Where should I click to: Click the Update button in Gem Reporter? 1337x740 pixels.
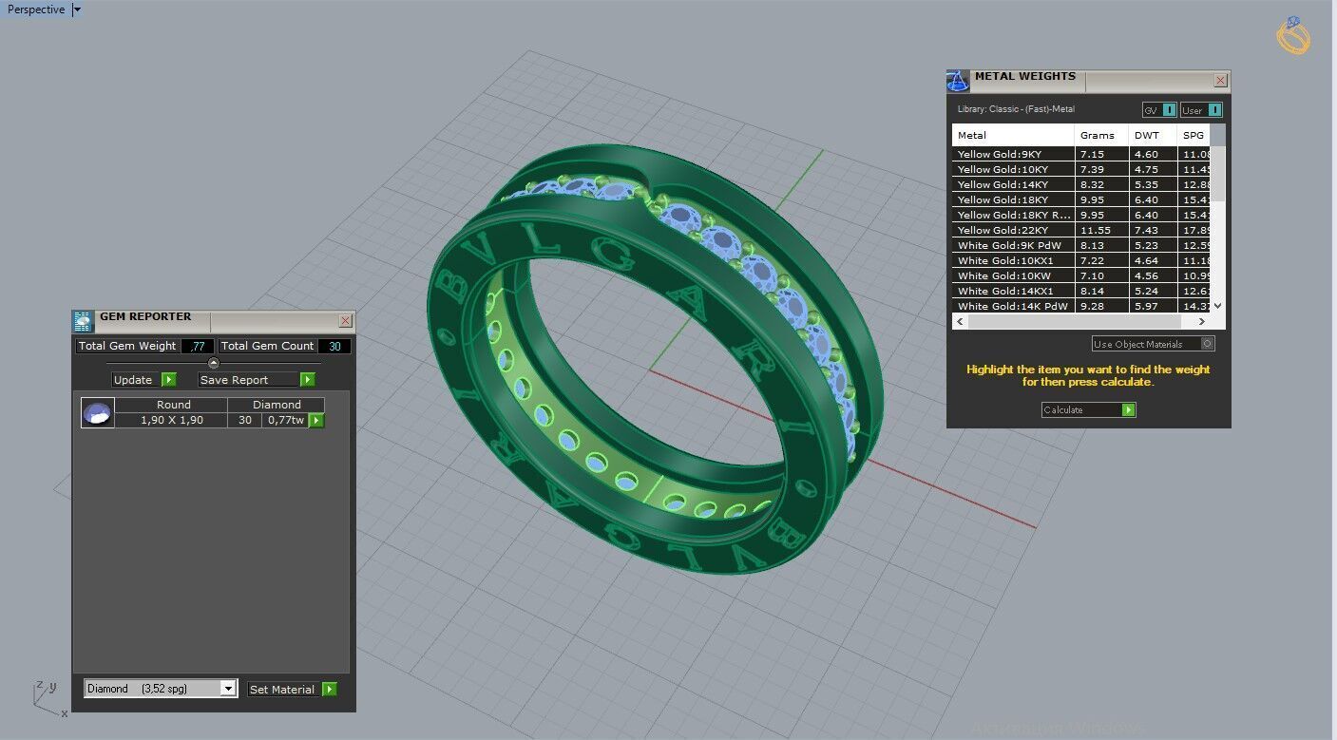click(143, 380)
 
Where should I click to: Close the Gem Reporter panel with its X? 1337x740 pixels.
click(345, 321)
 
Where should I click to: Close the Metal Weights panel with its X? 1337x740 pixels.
click(1220, 81)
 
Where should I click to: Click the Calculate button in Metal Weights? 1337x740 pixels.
click(1088, 410)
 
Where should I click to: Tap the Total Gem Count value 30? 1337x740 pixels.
click(334, 347)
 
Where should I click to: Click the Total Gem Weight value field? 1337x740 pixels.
click(198, 347)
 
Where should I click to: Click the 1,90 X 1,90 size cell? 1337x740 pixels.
click(172, 420)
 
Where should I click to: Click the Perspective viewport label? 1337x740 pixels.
click(36, 9)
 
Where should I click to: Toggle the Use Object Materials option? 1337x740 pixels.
click(1207, 344)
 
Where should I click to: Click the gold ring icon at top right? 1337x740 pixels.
click(1293, 36)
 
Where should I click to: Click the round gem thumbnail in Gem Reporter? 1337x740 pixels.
click(98, 413)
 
